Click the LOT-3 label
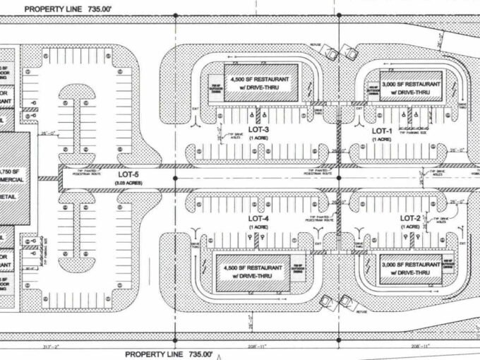click(258, 130)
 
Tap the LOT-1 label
click(382, 131)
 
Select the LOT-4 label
click(259, 218)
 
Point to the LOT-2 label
click(410, 218)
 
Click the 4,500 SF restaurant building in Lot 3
click(262, 83)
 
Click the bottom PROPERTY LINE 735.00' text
click(169, 353)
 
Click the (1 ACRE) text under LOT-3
click(258, 139)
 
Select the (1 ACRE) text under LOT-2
click(410, 227)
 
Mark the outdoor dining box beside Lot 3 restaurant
click(215, 88)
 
